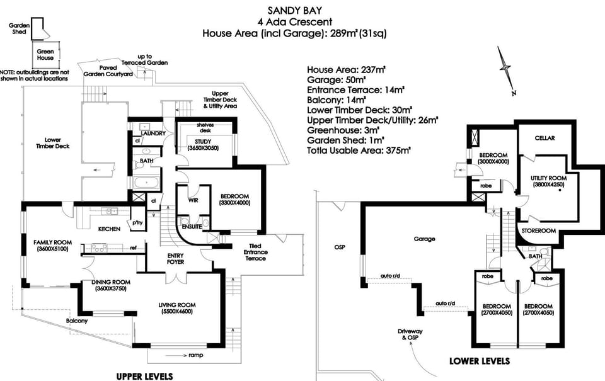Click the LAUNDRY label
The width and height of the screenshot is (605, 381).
[x=153, y=134]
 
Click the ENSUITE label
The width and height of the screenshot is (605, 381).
[x=192, y=225]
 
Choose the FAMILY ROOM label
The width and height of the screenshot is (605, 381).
[x=53, y=242]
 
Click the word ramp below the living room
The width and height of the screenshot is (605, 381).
[x=196, y=356]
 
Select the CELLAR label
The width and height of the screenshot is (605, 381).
[x=544, y=138]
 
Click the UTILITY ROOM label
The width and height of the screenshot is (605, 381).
[x=549, y=178]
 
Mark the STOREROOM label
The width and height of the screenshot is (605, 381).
[x=538, y=231]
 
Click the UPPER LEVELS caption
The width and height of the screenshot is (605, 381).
[x=144, y=376]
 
